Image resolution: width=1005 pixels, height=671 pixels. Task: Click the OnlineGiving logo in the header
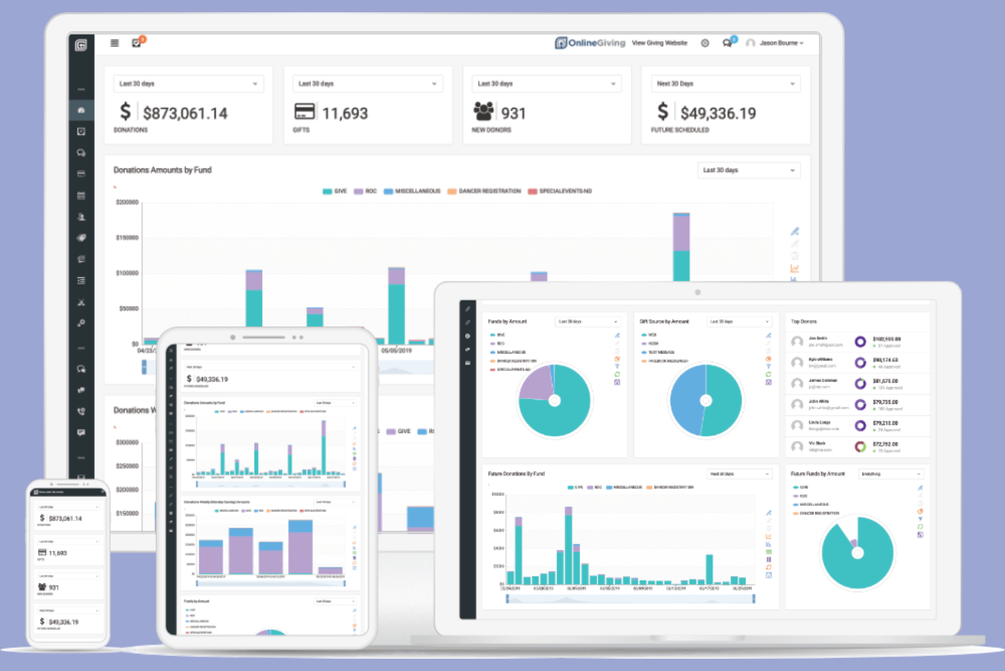(589, 43)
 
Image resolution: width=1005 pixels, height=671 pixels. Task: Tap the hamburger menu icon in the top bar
(115, 43)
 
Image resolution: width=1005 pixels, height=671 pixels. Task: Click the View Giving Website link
(659, 43)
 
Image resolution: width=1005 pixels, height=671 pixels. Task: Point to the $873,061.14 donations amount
(185, 114)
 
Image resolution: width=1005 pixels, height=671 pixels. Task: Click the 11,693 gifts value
(345, 114)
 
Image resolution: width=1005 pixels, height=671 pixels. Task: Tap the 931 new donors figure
(513, 114)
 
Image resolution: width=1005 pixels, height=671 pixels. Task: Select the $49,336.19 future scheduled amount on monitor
(718, 114)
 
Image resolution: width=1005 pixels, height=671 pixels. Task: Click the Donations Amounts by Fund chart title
(162, 170)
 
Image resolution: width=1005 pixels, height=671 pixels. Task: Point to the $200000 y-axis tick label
(127, 203)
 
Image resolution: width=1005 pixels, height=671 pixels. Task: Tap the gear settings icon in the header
(705, 43)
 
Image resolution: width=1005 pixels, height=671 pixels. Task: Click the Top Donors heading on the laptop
(803, 322)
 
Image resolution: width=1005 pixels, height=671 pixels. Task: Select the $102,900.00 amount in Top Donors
(886, 339)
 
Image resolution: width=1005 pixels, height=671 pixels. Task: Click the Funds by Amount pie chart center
(555, 400)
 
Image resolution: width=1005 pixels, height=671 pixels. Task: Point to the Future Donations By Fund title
(516, 474)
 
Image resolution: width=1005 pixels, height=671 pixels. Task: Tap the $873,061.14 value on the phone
(65, 519)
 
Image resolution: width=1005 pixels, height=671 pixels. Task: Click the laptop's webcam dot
(697, 292)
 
